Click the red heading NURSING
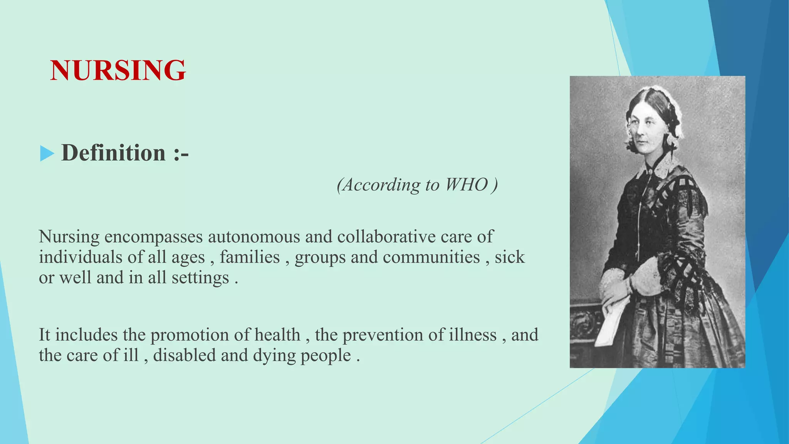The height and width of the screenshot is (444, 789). pyautogui.click(x=118, y=70)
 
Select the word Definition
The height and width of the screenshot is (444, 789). pyautogui.click(x=113, y=153)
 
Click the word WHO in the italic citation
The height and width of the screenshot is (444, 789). pyautogui.click(x=466, y=185)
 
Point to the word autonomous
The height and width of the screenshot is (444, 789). pyautogui.click(x=254, y=237)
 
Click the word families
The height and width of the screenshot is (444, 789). pyautogui.click(x=250, y=257)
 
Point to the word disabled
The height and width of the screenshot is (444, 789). pyautogui.click(x=184, y=355)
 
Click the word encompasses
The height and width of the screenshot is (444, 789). pyautogui.click(x=153, y=237)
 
